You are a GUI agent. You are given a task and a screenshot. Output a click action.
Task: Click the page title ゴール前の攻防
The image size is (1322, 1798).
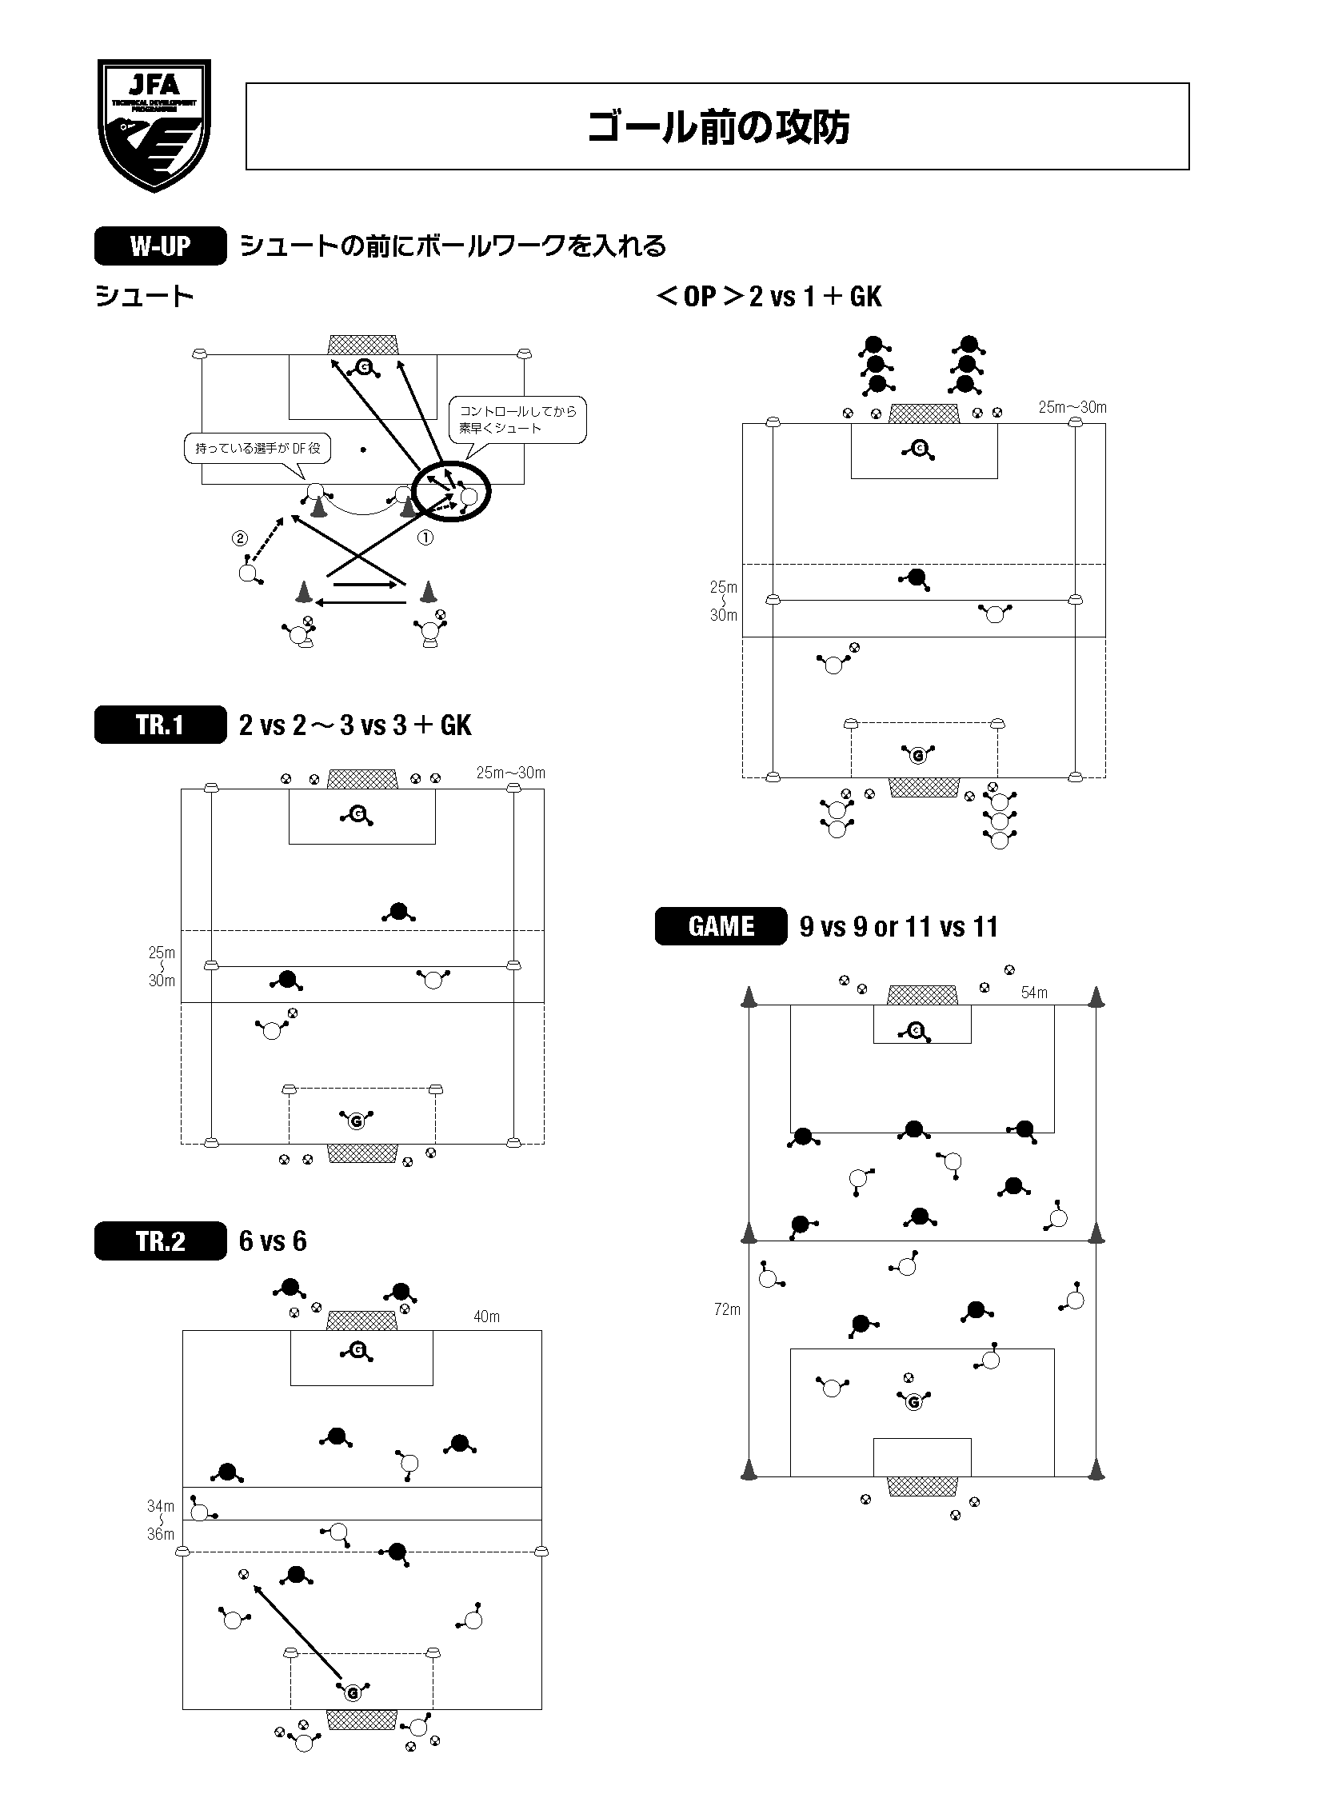[717, 126]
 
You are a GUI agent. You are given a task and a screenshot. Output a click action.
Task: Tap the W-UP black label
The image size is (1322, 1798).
[160, 246]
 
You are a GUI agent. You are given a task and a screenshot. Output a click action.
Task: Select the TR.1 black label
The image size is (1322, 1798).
[160, 724]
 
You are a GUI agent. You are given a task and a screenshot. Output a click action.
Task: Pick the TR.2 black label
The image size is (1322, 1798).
[160, 1241]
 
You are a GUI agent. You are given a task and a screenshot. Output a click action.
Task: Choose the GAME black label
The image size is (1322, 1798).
[721, 926]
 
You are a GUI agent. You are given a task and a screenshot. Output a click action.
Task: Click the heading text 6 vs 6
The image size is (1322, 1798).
[273, 1241]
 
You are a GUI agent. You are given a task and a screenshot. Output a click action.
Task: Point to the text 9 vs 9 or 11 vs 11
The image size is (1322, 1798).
[899, 927]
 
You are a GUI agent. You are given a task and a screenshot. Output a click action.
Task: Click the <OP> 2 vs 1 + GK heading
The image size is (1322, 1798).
[769, 296]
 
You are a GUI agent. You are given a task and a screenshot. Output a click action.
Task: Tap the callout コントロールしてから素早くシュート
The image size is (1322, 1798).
[517, 419]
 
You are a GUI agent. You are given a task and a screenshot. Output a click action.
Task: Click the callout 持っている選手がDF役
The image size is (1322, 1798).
[258, 448]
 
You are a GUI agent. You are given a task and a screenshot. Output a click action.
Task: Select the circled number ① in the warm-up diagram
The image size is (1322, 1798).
[425, 537]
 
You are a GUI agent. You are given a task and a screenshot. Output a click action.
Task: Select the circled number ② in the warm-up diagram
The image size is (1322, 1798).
[240, 538]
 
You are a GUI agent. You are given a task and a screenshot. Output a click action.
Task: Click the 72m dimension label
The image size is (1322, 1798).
[728, 1309]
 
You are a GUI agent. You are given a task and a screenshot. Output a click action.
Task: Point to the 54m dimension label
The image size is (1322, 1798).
[1034, 993]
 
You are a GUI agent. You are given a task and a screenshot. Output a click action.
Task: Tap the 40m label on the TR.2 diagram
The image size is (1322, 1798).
[486, 1317]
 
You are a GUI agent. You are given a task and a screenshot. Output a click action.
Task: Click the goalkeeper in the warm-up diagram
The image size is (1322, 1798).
[365, 367]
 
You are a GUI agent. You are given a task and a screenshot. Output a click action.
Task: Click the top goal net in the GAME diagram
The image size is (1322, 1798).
[922, 995]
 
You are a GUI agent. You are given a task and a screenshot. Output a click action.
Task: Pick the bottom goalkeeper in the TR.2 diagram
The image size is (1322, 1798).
[353, 1692]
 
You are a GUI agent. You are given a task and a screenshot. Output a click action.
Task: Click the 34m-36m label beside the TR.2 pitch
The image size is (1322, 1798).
[161, 1520]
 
